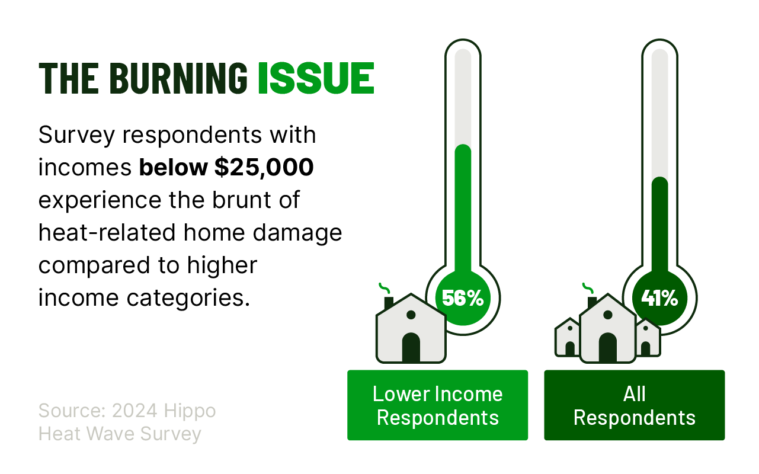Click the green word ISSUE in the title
(x=316, y=78)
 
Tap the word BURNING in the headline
(x=178, y=78)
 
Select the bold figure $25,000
(x=264, y=167)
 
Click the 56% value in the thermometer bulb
(x=463, y=298)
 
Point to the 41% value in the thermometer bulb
(x=659, y=298)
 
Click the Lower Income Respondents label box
(x=437, y=405)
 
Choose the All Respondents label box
(x=635, y=405)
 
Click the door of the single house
(x=411, y=347)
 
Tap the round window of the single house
(x=411, y=315)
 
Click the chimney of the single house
(x=389, y=303)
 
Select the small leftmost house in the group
(x=567, y=338)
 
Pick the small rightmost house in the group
(x=648, y=338)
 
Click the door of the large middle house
(x=607, y=347)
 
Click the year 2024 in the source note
(x=134, y=411)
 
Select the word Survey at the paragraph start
(x=77, y=136)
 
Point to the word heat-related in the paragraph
(x=107, y=232)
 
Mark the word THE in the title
(x=69, y=78)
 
